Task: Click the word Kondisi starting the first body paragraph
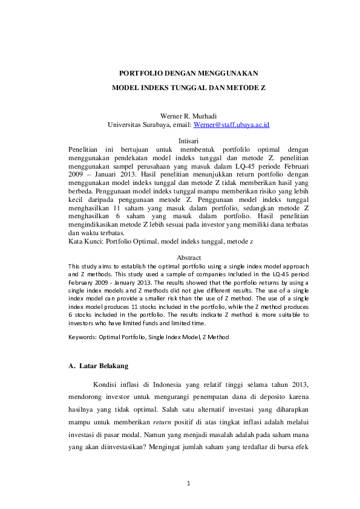click(106, 385)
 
